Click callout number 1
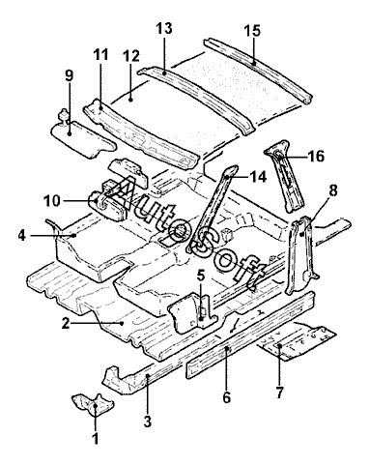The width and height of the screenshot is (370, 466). [95, 438]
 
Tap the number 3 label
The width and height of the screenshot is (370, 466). [148, 421]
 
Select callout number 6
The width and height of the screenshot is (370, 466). [227, 397]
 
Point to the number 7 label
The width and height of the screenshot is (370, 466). [279, 393]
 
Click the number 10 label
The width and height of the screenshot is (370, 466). [52, 201]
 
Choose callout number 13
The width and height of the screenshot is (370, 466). [164, 28]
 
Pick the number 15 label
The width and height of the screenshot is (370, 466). [252, 31]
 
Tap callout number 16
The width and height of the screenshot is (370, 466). [316, 157]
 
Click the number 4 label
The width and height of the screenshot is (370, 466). [22, 236]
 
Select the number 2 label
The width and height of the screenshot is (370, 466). [66, 323]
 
